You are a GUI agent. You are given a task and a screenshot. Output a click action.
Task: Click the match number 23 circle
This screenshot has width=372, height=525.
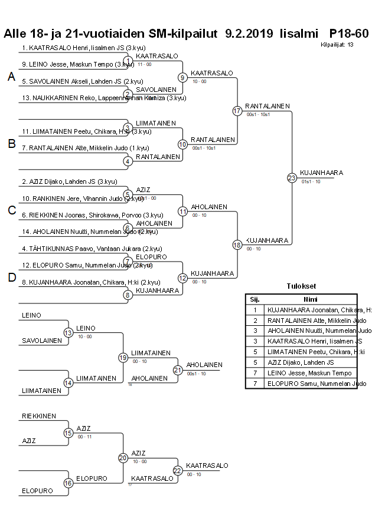coord(292,177)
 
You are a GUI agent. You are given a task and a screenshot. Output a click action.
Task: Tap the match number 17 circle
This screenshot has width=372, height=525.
coord(237,111)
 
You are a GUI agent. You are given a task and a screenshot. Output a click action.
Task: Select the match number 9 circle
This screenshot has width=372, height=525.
coord(183,77)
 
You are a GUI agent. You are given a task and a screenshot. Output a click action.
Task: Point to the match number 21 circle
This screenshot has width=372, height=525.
coord(178,370)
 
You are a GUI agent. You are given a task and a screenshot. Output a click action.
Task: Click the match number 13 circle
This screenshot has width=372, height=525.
coord(68,332)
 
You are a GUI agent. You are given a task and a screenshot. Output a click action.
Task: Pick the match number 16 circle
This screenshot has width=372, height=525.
coord(68,483)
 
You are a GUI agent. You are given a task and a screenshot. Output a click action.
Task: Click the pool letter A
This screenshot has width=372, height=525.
coord(11,77)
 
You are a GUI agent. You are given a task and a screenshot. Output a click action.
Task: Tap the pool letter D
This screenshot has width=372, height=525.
coord(11,278)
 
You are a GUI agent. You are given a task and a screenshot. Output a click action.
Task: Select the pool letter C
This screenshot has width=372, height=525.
coord(11,210)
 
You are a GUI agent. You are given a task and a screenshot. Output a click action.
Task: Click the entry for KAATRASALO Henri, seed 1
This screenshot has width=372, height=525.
coord(83,48)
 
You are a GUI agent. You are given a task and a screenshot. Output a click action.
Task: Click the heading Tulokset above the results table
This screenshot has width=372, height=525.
coord(301,287)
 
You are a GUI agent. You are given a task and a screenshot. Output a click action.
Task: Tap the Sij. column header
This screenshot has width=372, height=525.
coord(254,299)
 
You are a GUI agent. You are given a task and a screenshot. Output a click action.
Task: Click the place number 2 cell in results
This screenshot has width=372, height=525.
coord(254,320)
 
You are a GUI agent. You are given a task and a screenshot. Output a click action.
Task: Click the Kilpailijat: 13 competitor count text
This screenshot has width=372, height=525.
coord(337,44)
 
